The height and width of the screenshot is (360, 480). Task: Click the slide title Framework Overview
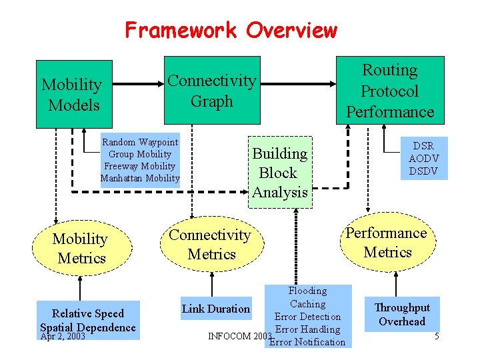[231, 30]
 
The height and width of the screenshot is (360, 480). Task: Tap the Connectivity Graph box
[211, 91]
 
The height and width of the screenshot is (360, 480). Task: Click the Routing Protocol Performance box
[390, 91]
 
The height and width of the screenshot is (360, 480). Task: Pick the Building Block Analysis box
[279, 173]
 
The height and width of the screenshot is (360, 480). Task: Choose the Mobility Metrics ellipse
[80, 248]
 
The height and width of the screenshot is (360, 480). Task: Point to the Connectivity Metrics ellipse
[209, 244]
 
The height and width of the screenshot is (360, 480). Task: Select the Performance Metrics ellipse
[386, 243]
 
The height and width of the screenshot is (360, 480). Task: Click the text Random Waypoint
[140, 142]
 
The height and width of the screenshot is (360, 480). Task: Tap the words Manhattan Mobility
[140, 178]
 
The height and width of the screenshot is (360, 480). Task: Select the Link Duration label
[215, 309]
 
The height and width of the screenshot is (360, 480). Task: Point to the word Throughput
[402, 307]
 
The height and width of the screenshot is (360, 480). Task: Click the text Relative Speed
[87, 313]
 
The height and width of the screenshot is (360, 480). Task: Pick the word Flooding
[307, 291]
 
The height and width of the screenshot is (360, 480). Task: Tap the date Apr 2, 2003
[63, 336]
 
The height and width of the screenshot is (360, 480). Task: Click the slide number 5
[437, 336]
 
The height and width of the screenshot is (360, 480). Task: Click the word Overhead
[402, 321]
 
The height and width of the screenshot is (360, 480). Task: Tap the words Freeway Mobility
[140, 166]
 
